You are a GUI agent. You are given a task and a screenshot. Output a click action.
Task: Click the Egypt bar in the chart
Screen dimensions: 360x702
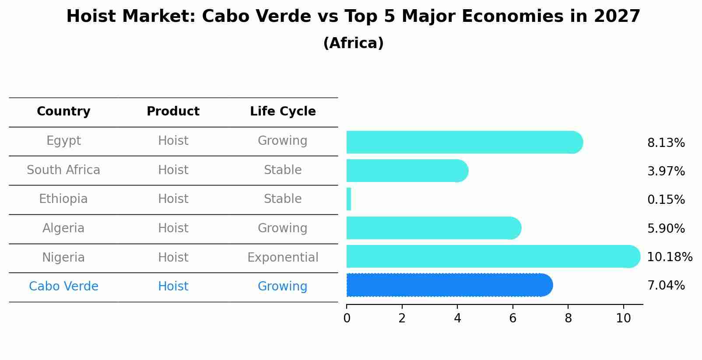[x=464, y=142]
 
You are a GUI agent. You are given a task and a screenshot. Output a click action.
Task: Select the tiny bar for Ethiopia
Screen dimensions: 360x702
[x=349, y=199]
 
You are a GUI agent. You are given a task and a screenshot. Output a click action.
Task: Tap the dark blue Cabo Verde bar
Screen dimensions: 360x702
[x=449, y=285]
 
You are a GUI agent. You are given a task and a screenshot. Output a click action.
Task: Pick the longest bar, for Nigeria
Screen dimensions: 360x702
[x=492, y=256]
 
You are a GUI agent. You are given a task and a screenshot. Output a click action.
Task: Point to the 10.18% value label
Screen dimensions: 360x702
[x=669, y=257]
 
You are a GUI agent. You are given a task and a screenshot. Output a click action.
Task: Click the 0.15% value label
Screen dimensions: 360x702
[x=666, y=200]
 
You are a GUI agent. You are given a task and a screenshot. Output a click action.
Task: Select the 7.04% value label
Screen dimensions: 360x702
[x=666, y=286]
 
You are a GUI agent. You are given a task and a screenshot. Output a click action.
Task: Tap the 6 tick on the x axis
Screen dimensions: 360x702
[x=512, y=318]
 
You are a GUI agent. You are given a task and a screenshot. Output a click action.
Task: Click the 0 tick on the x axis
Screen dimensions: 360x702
[x=347, y=318]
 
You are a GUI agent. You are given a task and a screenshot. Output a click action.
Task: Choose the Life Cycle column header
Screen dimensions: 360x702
[x=283, y=112]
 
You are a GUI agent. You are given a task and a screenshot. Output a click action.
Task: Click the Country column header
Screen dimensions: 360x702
[x=63, y=112]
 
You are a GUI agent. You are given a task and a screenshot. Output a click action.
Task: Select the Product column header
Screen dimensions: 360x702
[x=173, y=112]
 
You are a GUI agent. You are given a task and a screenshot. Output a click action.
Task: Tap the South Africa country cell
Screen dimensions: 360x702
[x=63, y=170]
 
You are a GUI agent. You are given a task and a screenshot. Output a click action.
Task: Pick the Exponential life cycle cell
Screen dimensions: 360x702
[x=283, y=257]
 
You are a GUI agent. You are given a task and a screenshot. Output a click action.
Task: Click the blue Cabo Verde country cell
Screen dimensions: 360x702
[x=63, y=286]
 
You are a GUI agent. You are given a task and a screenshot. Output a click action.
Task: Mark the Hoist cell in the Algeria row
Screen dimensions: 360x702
[x=173, y=228]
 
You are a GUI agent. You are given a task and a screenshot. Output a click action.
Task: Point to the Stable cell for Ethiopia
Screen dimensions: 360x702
[x=283, y=199]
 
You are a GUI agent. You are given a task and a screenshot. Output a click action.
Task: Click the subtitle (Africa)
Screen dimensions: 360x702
[x=353, y=43]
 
